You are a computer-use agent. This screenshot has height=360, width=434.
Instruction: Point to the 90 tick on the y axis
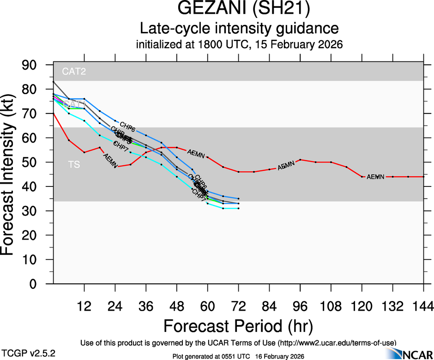point(34,65)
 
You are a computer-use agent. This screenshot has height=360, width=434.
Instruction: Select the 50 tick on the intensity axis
point(34,162)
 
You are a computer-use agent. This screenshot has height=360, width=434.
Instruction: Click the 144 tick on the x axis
point(423,306)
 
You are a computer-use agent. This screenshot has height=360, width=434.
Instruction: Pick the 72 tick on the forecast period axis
point(238,306)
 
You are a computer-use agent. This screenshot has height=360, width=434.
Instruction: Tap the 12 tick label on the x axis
point(84,306)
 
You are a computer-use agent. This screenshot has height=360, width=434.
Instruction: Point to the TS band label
point(74,164)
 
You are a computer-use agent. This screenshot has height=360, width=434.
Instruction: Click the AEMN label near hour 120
point(375,177)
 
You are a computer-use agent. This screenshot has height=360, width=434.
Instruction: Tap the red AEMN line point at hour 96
point(300,160)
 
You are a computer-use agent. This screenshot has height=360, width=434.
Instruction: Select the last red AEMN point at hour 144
point(423,177)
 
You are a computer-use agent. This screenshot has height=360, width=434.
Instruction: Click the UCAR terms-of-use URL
point(337,343)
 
